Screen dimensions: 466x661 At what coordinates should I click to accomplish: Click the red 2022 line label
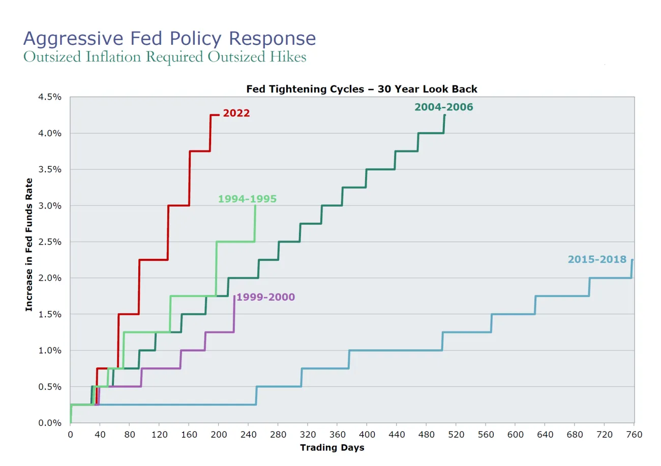(236, 113)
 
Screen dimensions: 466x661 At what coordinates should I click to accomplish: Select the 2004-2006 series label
(443, 107)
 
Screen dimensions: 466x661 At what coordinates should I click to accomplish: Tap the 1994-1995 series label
(247, 199)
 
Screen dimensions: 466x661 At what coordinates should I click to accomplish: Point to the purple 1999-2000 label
(265, 297)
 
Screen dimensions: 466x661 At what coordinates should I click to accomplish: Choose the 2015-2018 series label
(597, 259)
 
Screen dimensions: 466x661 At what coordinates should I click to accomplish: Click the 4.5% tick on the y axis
(50, 97)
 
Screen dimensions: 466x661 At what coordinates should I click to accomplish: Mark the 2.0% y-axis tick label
(50, 278)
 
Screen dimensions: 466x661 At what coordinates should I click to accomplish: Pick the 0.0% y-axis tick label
(50, 423)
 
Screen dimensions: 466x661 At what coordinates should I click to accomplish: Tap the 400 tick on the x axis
(367, 434)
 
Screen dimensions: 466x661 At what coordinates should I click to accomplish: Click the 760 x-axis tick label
(634, 434)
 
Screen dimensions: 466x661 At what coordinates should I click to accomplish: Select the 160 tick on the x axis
(189, 434)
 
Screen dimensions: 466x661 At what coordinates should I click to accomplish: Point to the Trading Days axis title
(332, 448)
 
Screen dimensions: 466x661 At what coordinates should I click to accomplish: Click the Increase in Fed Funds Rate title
(29, 244)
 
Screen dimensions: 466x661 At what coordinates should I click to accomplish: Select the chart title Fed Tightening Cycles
(362, 89)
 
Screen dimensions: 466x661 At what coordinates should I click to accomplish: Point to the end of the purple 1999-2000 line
(234, 296)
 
